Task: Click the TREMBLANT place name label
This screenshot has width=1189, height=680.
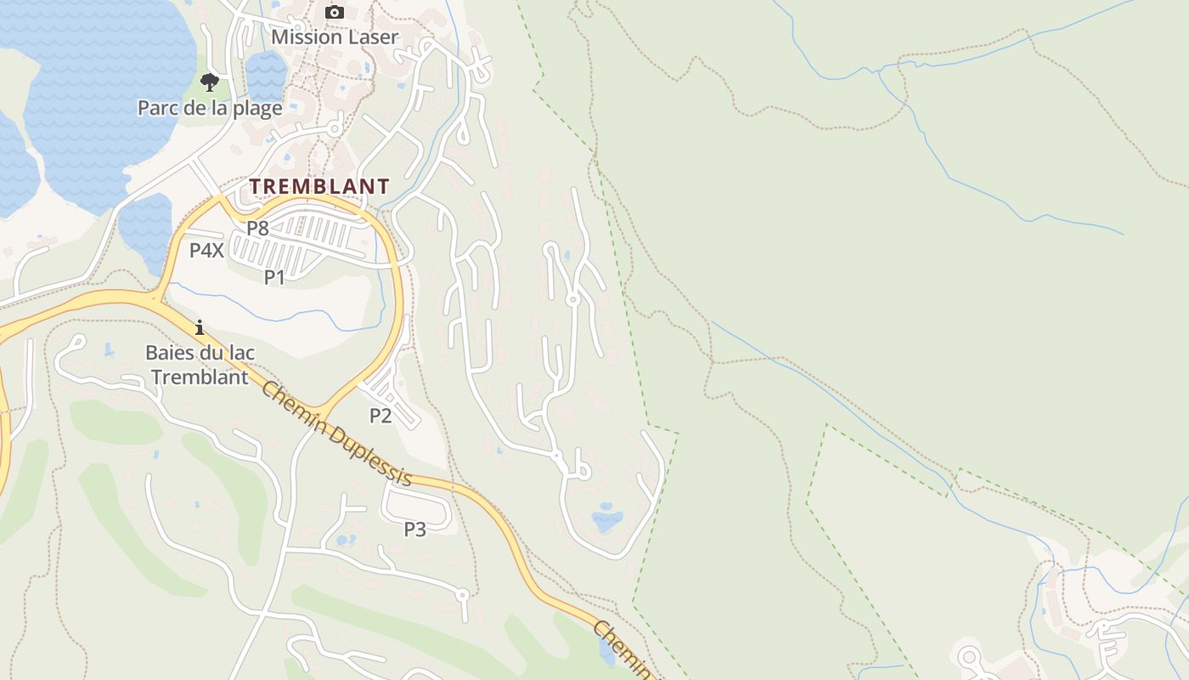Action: coord(319,186)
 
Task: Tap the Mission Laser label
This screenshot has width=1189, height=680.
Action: coord(335,37)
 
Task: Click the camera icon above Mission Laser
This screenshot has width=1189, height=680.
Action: coord(335,12)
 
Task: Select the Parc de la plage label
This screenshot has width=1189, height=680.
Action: coord(210,108)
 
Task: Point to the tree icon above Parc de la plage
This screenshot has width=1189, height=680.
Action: coord(210,82)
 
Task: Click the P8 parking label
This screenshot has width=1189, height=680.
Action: coord(257,228)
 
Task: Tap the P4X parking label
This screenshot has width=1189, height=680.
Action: coord(206,250)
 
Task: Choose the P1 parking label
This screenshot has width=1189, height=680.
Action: coord(274,276)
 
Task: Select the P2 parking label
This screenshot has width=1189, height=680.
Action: coord(380,415)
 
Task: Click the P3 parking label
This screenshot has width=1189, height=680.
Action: coord(414,529)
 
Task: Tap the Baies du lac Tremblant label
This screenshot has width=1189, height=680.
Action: coord(200,364)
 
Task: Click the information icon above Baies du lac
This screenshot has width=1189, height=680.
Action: coord(200,327)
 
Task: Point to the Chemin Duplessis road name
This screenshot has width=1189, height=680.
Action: coord(337,433)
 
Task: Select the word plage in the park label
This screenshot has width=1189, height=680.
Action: coord(258,108)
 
